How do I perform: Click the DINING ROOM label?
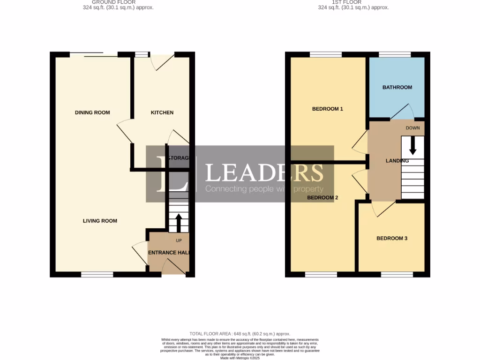pos(92,112)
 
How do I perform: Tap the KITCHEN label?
pos(162,112)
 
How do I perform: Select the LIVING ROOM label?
pos(100,221)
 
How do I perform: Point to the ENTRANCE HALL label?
pos(169,253)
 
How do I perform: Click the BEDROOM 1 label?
pos(328,109)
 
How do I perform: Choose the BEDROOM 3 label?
pos(392,238)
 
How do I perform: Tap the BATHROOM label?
pos(397,87)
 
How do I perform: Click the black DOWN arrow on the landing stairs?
pos(412,145)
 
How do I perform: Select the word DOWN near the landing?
pos(412,127)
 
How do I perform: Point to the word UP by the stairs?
pos(179,241)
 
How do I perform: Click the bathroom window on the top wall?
pos(395,55)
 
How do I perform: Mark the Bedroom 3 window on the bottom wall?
pos(397,274)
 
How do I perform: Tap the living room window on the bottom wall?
pos(97,274)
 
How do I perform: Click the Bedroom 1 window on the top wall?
pos(326,55)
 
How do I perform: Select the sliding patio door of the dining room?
pos(94,55)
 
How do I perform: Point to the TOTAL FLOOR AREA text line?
pos(240,333)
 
